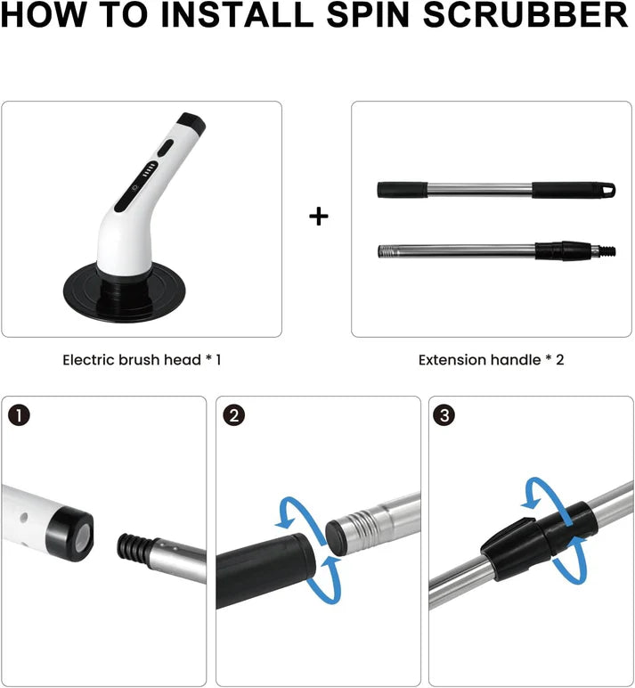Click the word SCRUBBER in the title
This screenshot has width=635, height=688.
(x=525, y=14)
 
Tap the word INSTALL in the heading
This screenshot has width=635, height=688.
(x=240, y=14)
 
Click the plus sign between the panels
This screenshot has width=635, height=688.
(x=319, y=217)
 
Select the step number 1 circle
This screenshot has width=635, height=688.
(x=19, y=415)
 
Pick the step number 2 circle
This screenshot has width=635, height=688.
(x=234, y=415)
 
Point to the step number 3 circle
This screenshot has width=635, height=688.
(x=444, y=415)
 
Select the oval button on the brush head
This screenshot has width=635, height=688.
(x=165, y=148)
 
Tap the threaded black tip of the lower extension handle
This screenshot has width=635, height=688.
(x=607, y=251)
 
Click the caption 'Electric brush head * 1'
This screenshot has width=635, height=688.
(x=142, y=360)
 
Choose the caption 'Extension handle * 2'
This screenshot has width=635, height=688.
(x=491, y=360)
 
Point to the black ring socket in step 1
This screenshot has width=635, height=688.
(x=69, y=534)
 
